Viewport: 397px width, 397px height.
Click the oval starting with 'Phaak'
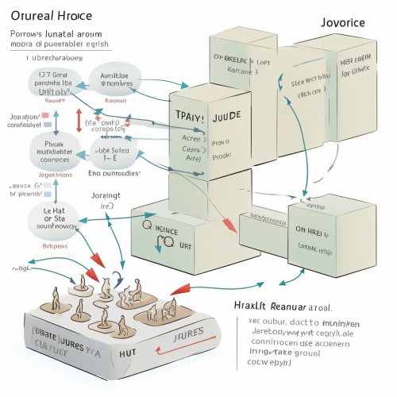coord(52,148)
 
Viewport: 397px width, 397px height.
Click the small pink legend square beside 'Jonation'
coord(45,114)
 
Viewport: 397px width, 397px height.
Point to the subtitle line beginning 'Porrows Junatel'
coord(57,36)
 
